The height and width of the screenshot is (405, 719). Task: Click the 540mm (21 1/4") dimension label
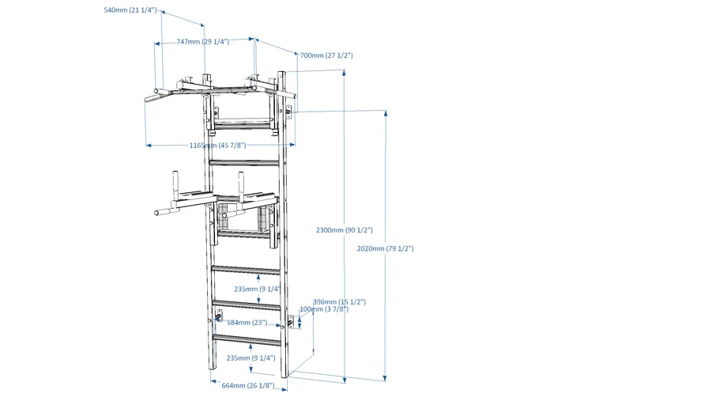130,10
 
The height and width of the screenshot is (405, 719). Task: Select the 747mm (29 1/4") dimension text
203,41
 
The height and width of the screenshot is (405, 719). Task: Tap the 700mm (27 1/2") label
326,55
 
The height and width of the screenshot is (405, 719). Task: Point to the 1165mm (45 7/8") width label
217,146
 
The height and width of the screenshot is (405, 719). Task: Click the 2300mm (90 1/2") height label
344,229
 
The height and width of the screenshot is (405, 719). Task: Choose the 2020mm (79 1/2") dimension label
386,248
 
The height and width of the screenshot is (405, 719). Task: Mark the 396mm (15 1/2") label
339,301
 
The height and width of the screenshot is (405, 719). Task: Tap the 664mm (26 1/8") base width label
248,386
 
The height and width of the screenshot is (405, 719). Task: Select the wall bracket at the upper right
290,112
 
